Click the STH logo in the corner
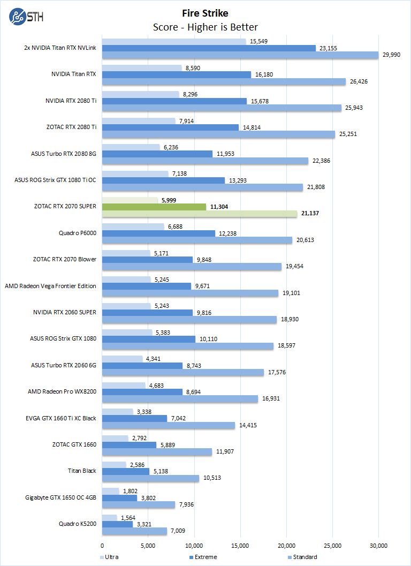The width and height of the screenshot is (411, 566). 26,17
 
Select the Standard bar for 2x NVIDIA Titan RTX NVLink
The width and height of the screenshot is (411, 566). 240,55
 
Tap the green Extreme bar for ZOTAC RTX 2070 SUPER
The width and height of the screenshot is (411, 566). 154,207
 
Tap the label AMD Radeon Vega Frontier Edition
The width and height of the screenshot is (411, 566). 50,286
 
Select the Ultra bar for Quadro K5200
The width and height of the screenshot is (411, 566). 109,517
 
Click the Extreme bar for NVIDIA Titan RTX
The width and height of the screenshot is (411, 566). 177,74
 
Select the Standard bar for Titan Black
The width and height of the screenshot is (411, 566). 150,478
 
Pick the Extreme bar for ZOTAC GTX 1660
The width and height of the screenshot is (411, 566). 129,445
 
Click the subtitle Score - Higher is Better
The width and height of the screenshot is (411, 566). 205,27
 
